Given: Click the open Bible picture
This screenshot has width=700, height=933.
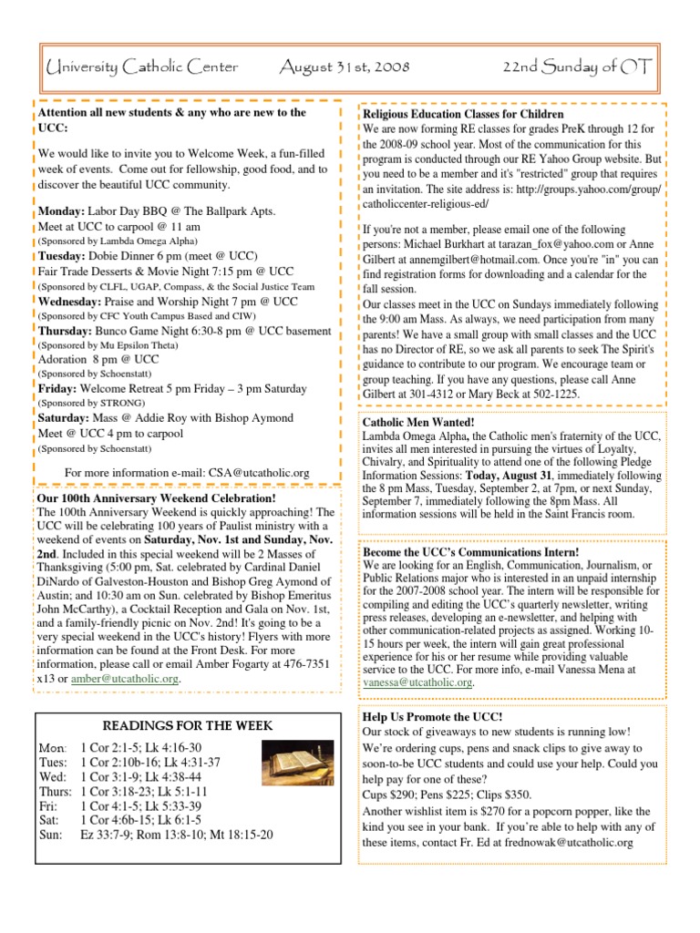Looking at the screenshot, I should click(285, 759).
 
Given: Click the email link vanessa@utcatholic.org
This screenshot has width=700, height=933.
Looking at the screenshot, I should click(417, 682).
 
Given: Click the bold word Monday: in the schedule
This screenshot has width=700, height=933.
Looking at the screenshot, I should click(63, 211).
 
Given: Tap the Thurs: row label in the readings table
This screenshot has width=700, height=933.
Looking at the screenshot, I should click(56, 791).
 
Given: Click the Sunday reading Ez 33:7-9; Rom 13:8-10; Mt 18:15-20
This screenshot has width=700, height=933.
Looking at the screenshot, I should click(176, 835).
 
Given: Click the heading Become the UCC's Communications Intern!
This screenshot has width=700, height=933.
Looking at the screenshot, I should click(470, 552).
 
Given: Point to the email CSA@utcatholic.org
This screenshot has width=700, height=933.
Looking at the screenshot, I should click(260, 472).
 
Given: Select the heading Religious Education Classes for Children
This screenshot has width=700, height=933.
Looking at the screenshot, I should click(463, 115).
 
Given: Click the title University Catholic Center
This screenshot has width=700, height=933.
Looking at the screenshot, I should click(141, 67).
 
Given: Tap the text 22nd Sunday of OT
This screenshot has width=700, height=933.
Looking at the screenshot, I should click(575, 67).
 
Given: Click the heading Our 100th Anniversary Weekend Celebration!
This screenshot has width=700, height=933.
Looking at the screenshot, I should click(156, 499).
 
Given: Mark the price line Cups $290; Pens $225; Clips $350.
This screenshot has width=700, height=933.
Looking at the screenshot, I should click(447, 794).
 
